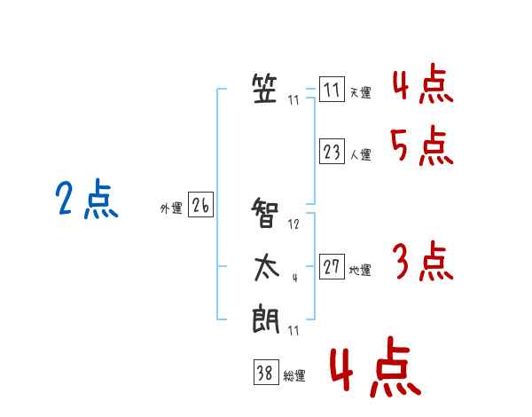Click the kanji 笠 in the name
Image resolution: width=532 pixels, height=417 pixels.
(264, 89)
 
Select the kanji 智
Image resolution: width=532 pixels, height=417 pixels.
(264, 213)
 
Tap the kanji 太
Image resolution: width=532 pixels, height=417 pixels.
(266, 268)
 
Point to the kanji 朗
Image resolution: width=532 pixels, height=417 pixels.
(266, 319)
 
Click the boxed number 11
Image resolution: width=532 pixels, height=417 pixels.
(332, 89)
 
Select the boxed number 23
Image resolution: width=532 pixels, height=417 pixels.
(332, 151)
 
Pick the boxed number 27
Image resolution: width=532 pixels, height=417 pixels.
(332, 266)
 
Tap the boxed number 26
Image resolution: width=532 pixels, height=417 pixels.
(200, 204)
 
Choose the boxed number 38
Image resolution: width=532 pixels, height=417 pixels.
(266, 372)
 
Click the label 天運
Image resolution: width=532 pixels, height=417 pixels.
(360, 92)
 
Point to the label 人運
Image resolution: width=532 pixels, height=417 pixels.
(360, 155)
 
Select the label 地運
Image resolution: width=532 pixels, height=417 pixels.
(360, 271)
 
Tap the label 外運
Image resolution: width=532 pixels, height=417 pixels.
(171, 208)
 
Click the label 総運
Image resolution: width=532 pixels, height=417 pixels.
(294, 376)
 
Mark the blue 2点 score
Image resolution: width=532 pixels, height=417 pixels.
(87, 199)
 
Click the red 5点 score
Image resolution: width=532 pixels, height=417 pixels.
(422, 146)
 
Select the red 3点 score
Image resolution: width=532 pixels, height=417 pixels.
(423, 261)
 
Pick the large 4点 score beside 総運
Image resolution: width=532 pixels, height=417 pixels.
(376, 366)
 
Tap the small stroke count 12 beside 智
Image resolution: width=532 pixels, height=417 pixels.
(293, 224)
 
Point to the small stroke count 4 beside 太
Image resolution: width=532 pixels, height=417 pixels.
(295, 278)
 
